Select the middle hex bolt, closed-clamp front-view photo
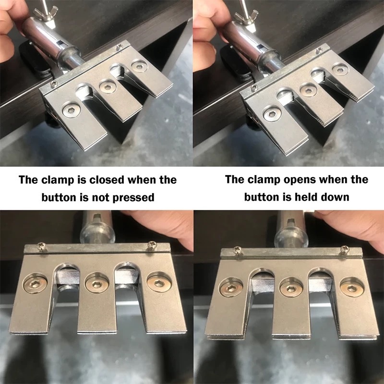coord(97,284)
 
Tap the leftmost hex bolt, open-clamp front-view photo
coord(231,288)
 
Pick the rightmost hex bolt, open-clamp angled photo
coord(340,70)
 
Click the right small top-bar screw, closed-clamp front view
coord(150,245)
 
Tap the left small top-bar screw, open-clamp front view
coord(238,250)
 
